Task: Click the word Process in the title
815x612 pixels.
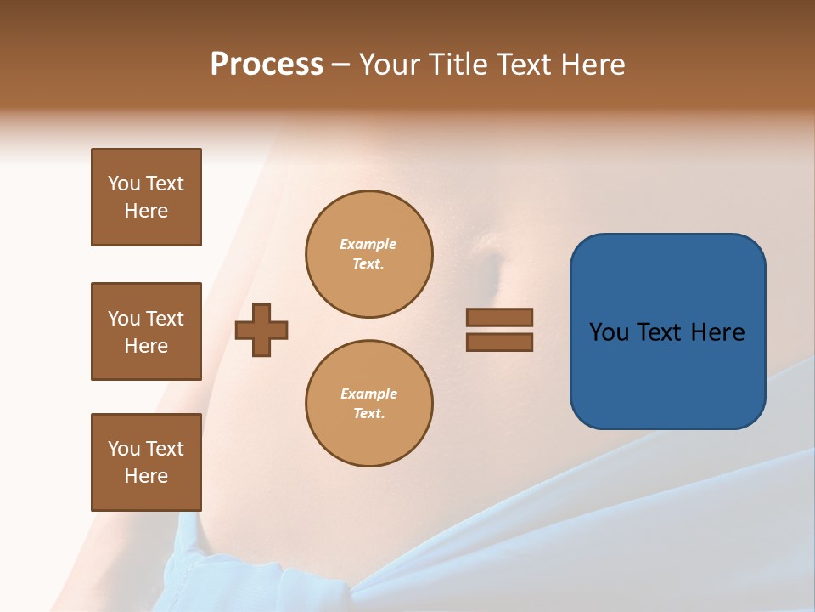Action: click(x=267, y=65)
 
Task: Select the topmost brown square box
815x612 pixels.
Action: click(x=146, y=197)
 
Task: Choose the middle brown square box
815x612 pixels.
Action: click(x=146, y=331)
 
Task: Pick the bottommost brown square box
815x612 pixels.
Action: click(x=146, y=462)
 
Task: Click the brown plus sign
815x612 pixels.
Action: click(x=261, y=330)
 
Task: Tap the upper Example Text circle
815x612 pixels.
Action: click(x=369, y=254)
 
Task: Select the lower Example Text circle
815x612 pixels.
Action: click(x=369, y=404)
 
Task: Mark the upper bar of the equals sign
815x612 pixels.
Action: click(x=499, y=317)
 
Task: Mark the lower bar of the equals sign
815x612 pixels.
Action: click(x=499, y=342)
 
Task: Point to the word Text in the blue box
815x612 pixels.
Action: click(x=660, y=332)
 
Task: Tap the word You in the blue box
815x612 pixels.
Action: click(x=610, y=332)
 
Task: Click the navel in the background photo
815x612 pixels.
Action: click(x=491, y=264)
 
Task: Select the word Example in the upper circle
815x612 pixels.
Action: click(x=368, y=244)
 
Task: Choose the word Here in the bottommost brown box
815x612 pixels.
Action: click(x=146, y=476)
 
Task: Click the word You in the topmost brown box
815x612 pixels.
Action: click(x=123, y=184)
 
